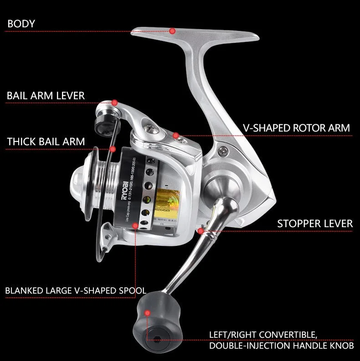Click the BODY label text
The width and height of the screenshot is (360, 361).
pyautogui.click(x=21, y=23)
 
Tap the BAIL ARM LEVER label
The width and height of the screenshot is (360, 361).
pyautogui.click(x=46, y=96)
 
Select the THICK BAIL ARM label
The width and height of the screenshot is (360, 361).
pyautogui.click(x=46, y=142)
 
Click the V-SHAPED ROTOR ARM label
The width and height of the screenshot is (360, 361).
pyautogui.click(x=297, y=128)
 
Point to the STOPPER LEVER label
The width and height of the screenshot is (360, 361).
pyautogui.click(x=315, y=224)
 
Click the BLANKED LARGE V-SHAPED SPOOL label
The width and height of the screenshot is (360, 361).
pyautogui.click(x=76, y=290)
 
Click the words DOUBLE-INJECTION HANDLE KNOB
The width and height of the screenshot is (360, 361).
pyautogui.click(x=281, y=346)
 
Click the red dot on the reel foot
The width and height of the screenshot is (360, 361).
pyautogui.click(x=172, y=31)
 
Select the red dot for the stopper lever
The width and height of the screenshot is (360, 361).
pyautogui.click(x=201, y=231)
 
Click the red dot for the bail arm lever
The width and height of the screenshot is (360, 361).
pyautogui.click(x=115, y=103)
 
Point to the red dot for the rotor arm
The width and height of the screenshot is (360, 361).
pyautogui.click(x=175, y=135)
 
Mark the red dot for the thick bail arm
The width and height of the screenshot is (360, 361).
pyautogui.click(x=113, y=149)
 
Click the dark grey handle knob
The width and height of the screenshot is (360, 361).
pyautogui.click(x=155, y=319)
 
